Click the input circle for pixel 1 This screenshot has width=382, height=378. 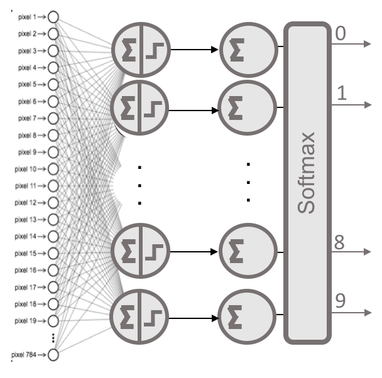pyautogui.click(x=53, y=16)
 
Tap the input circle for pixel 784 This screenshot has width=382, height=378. pyautogui.click(x=53, y=355)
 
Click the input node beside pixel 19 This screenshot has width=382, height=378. pyautogui.click(x=53, y=321)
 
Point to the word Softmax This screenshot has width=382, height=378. pyautogui.click(x=307, y=173)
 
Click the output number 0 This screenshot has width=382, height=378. pyautogui.click(x=340, y=33)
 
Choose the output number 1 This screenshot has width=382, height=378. pyautogui.click(x=342, y=94)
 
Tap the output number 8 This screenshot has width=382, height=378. pyautogui.click(x=339, y=242)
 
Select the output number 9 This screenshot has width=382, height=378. pyautogui.click(x=340, y=301)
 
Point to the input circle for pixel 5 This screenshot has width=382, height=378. pyautogui.click(x=53, y=84)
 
